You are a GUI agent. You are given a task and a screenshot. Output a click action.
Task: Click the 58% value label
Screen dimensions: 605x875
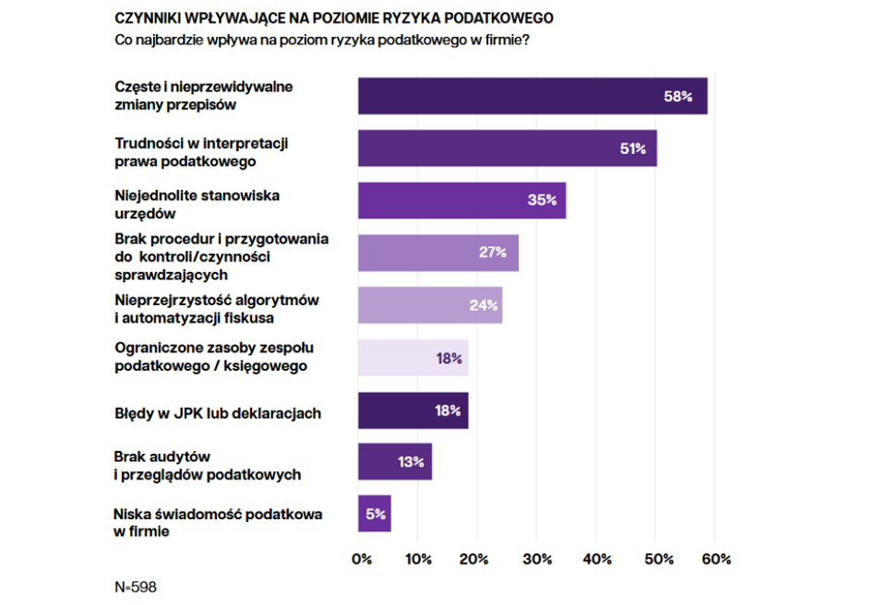coord(677,96)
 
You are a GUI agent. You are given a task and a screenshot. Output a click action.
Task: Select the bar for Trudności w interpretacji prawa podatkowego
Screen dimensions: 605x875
coord(507,148)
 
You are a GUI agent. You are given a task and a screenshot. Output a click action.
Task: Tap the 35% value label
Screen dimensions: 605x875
coord(542,200)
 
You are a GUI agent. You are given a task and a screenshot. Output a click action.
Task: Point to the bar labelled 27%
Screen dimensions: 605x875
coord(437,253)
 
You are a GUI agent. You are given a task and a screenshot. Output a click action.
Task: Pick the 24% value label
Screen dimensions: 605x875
coord(484,305)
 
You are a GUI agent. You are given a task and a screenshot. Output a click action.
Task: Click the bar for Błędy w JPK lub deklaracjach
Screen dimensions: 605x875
coord(413,410)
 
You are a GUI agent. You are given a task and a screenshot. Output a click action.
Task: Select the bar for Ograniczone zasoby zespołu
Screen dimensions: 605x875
coord(413,358)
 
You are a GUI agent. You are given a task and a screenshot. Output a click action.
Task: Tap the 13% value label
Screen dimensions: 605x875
coord(411,462)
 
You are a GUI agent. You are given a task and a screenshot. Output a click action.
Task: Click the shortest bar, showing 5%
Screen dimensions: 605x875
coord(374,514)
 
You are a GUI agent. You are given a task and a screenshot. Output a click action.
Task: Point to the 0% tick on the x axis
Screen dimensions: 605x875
coord(361,559)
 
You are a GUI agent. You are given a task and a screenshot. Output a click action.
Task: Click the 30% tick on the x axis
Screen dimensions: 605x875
coord(537,559)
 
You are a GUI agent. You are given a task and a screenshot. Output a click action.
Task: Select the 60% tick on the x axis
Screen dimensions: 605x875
coord(716,559)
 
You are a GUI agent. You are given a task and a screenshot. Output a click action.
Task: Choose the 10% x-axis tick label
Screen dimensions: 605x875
coord(418,559)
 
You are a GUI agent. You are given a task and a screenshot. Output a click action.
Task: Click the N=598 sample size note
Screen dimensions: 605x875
coord(135,587)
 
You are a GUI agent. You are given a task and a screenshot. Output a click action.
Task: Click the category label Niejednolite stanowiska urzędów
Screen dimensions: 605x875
coord(197,204)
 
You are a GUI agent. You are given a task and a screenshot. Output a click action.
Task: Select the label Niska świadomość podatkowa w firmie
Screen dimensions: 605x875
coord(218,522)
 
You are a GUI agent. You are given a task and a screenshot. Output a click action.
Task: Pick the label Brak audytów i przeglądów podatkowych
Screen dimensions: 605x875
coord(207,466)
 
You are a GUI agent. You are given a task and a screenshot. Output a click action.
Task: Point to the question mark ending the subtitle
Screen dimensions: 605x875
coord(526,40)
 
